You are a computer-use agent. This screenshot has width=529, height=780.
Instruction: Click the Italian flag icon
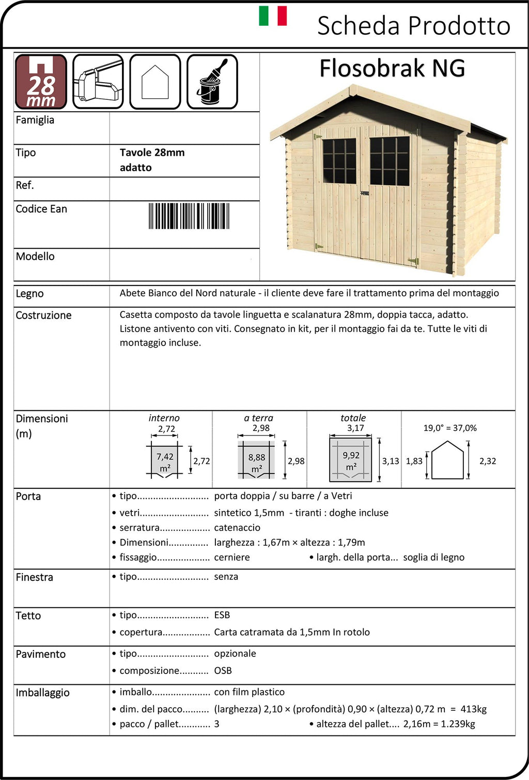click(273, 16)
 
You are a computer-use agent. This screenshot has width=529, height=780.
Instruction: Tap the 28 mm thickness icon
click(41, 82)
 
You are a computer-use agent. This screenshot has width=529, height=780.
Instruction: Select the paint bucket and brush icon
click(212, 82)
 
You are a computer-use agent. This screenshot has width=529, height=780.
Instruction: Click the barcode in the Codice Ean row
click(189, 216)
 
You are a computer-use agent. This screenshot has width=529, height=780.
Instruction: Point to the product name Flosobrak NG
click(392, 68)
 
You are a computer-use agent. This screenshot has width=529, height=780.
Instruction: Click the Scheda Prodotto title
click(413, 25)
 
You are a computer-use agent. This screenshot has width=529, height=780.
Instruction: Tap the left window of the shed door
click(339, 161)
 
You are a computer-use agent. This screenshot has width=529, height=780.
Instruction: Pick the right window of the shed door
click(389, 161)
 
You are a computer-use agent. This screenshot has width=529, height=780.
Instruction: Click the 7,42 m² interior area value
click(165, 462)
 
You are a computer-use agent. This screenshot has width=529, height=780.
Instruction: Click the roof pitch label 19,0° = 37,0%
click(450, 428)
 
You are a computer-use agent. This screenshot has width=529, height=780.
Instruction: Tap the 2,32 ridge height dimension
click(488, 461)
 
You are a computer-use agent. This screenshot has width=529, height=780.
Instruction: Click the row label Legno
click(29, 294)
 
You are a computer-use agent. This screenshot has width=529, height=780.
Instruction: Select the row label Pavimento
click(40, 654)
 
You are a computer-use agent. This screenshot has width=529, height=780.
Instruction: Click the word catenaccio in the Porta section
click(237, 528)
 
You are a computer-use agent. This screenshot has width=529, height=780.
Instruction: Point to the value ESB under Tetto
click(222, 615)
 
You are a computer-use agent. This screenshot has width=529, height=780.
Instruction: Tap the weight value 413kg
click(474, 709)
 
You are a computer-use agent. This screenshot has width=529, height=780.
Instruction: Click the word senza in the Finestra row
click(226, 577)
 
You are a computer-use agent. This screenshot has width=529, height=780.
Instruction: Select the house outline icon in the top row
click(155, 82)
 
